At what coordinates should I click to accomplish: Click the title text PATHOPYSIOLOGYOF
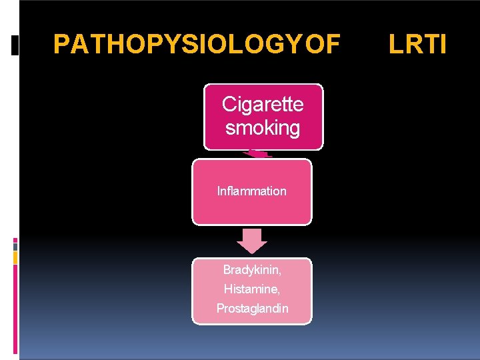tap(197, 45)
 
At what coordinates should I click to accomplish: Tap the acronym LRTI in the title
tap(418, 45)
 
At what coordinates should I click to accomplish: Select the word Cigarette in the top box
tap(263, 105)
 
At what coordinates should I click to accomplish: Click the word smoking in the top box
tap(263, 127)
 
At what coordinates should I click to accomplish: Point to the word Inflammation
tap(252, 191)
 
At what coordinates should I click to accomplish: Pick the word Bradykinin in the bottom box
tap(251, 270)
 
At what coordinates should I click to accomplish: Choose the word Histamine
tap(251, 289)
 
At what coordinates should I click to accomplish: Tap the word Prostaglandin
tap(252, 309)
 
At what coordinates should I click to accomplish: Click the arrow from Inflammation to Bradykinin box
tap(252, 241)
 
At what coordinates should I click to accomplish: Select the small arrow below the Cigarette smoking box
tap(257, 154)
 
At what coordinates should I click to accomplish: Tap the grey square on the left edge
tap(15, 246)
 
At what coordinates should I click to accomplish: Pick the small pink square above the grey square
tap(15, 239)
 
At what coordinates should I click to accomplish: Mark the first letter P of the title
tap(61, 45)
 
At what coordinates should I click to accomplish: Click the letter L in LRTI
tap(395, 45)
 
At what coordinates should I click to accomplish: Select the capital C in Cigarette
tap(229, 105)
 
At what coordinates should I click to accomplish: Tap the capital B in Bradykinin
tap(227, 270)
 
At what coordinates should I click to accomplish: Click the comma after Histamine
tap(279, 293)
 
